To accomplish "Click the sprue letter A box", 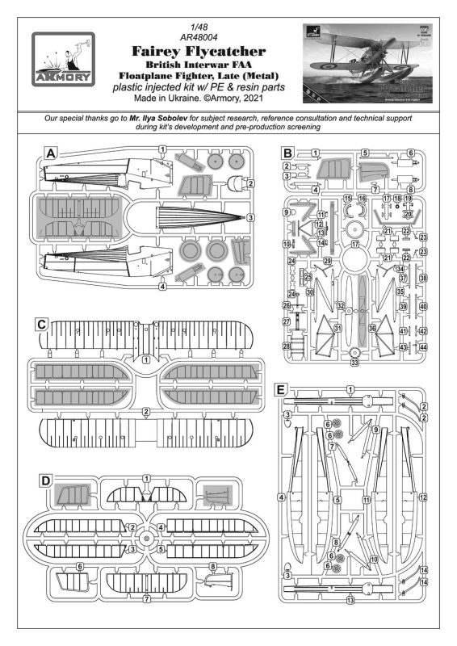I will [51, 153].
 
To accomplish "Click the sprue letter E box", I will [279, 390].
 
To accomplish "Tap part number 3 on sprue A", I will [251, 218].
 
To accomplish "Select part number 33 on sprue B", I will [354, 363].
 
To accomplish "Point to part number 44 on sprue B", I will [423, 346].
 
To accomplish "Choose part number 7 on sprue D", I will [146, 598].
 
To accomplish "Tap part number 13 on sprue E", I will [350, 600].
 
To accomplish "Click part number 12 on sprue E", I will [422, 498].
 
